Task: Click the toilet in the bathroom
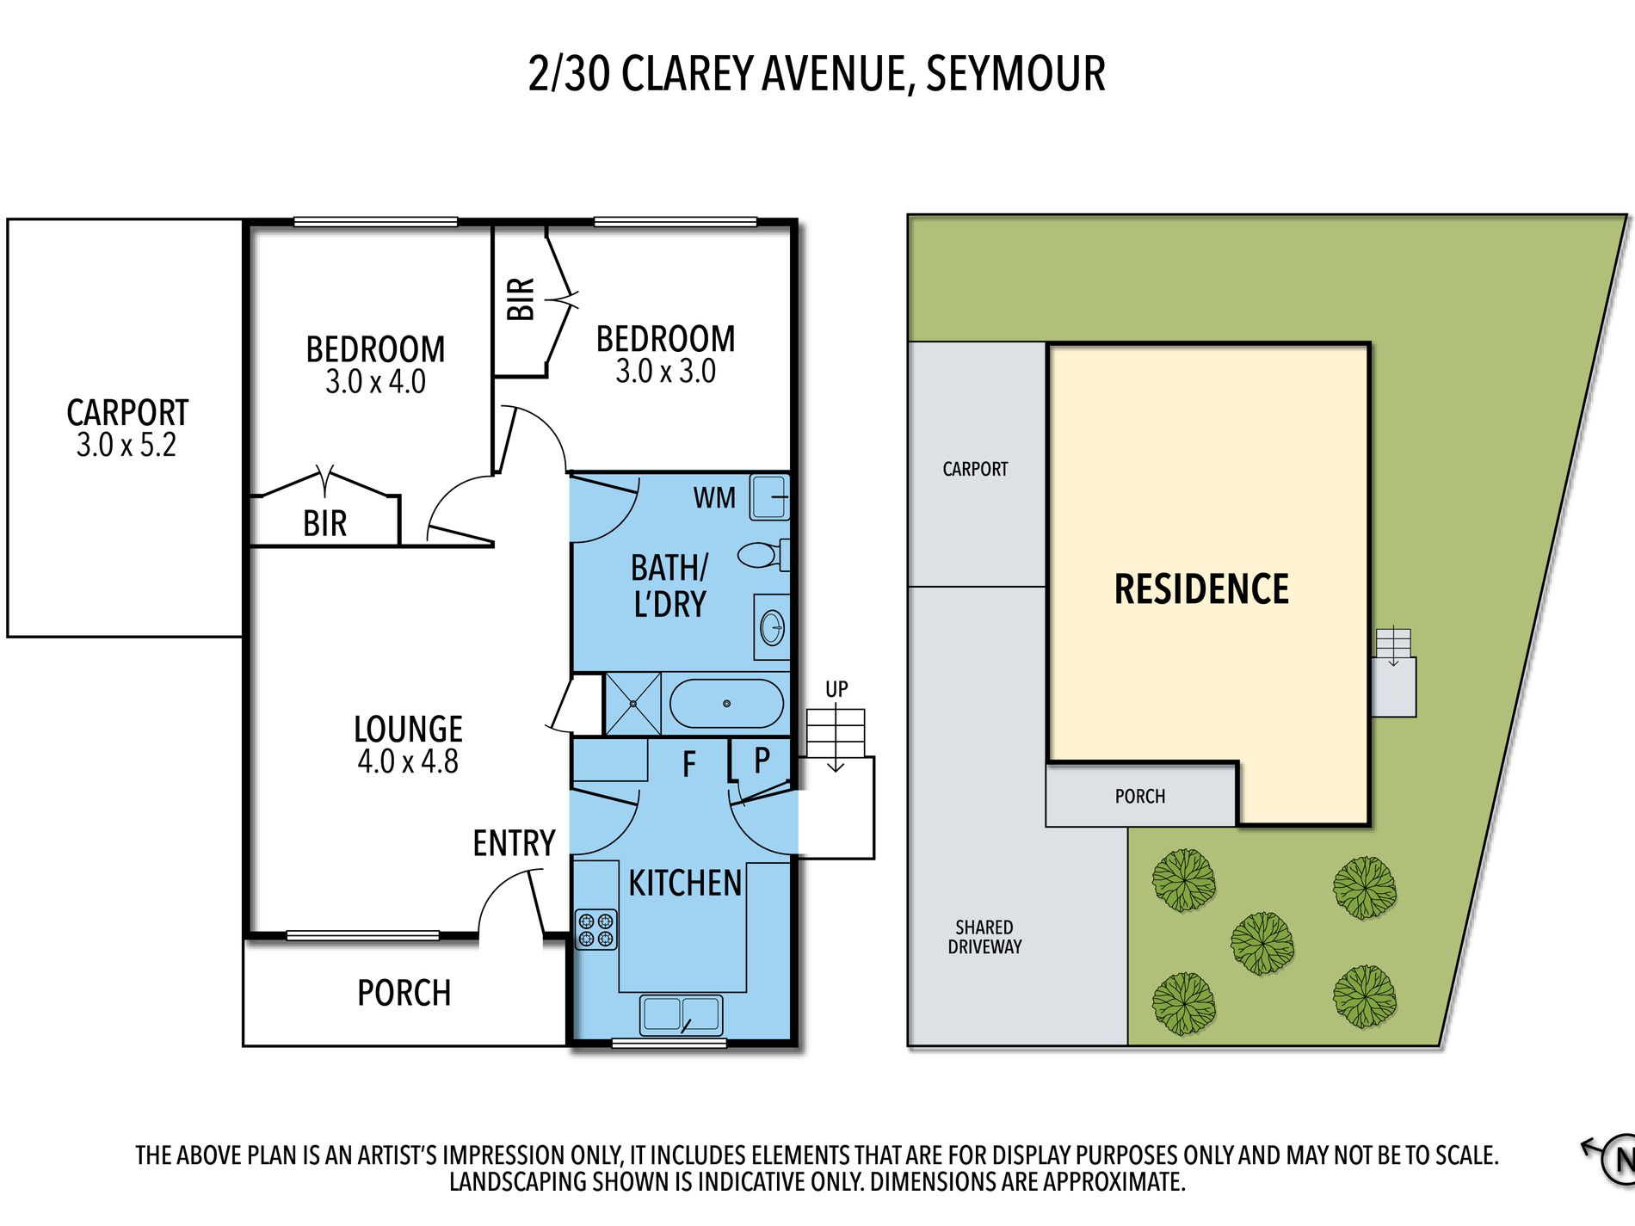coord(764,555)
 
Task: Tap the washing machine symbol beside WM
coord(769,497)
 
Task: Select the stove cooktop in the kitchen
coord(595,929)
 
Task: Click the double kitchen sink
coord(681,1014)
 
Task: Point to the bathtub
coord(726,704)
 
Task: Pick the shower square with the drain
coord(632,704)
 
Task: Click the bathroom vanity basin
coord(772,627)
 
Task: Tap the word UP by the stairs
coord(836,689)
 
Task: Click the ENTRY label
coord(514,843)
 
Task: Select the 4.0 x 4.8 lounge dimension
coord(408,761)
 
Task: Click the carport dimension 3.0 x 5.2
coord(126,445)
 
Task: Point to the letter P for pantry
coord(762,761)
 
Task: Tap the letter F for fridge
coord(688,764)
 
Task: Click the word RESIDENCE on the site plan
coord(1201,589)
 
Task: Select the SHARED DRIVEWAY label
coord(984,937)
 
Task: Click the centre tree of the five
coord(1262,943)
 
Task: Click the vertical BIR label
coord(521,299)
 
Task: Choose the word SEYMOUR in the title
coord(1015,73)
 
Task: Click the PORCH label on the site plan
coord(1140,797)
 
